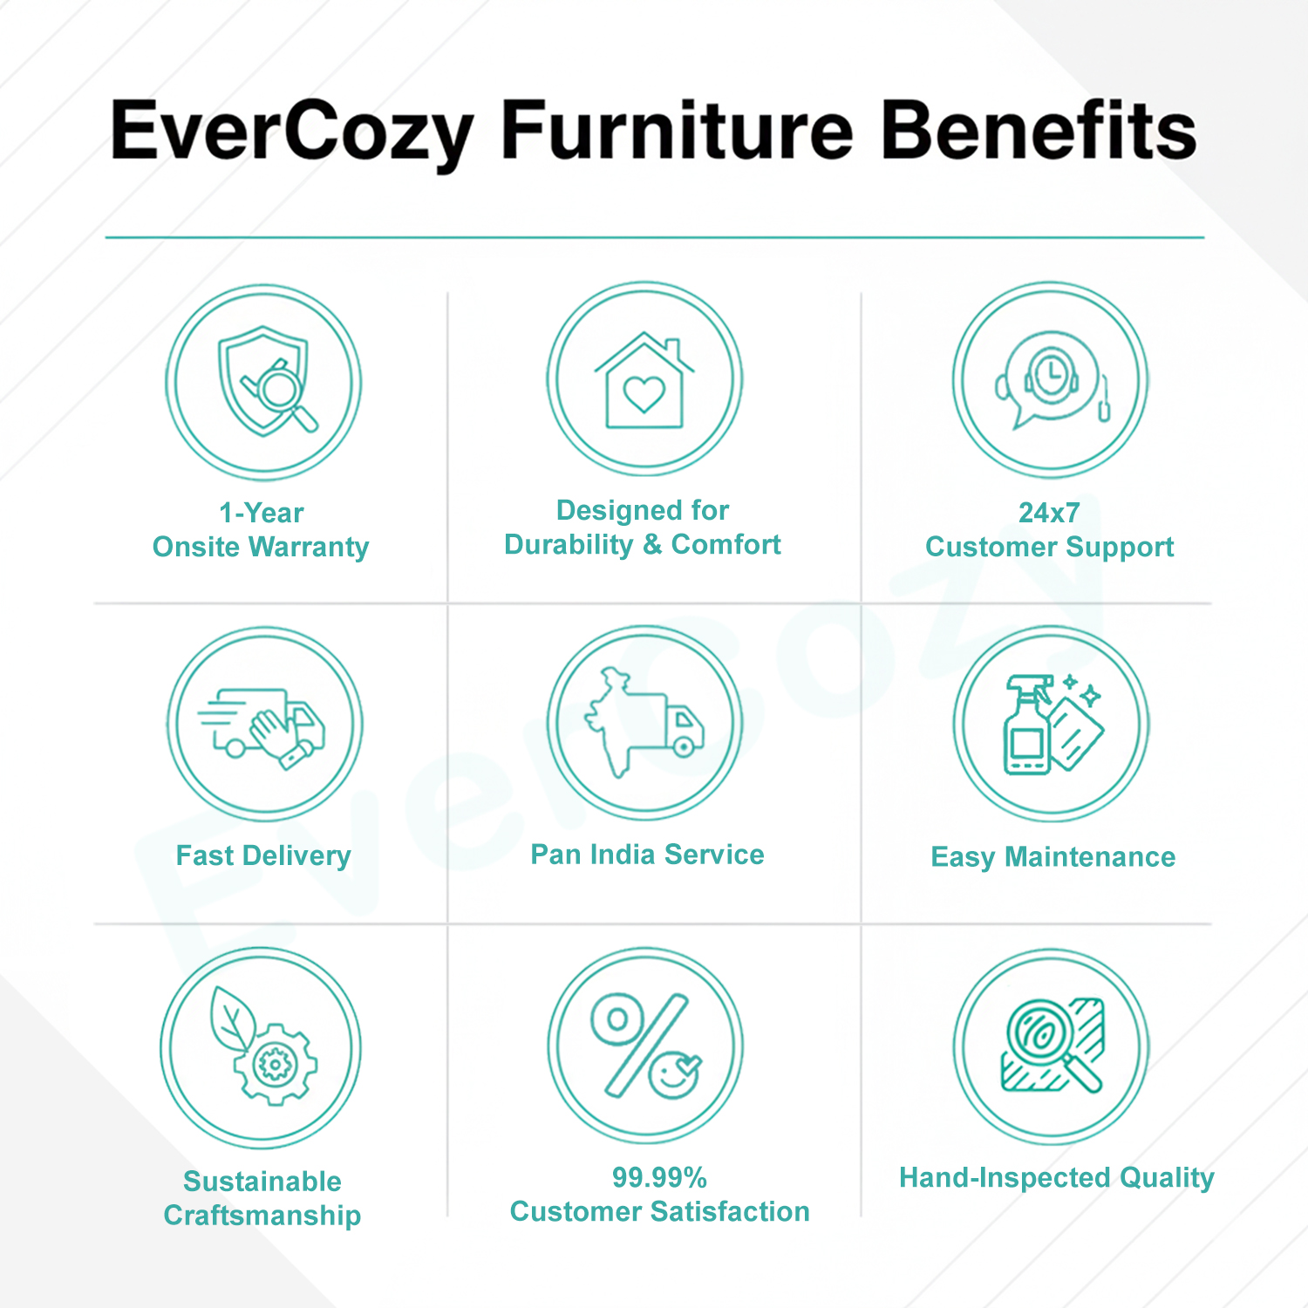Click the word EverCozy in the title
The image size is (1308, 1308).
[292, 133]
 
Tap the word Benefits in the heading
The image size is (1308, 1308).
[1039, 130]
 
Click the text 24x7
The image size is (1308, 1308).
[1049, 513]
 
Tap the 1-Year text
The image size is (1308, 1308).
[261, 513]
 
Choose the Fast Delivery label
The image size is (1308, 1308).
[263, 855]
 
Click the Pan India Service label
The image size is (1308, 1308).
[647, 855]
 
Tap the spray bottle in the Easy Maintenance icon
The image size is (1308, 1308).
[1026, 725]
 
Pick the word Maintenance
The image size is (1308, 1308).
[1090, 856]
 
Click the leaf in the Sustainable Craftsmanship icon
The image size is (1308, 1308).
[233, 1019]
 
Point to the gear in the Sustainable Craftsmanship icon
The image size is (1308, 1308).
[276, 1064]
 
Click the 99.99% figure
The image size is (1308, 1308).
[659, 1177]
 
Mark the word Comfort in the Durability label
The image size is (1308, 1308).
[726, 544]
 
